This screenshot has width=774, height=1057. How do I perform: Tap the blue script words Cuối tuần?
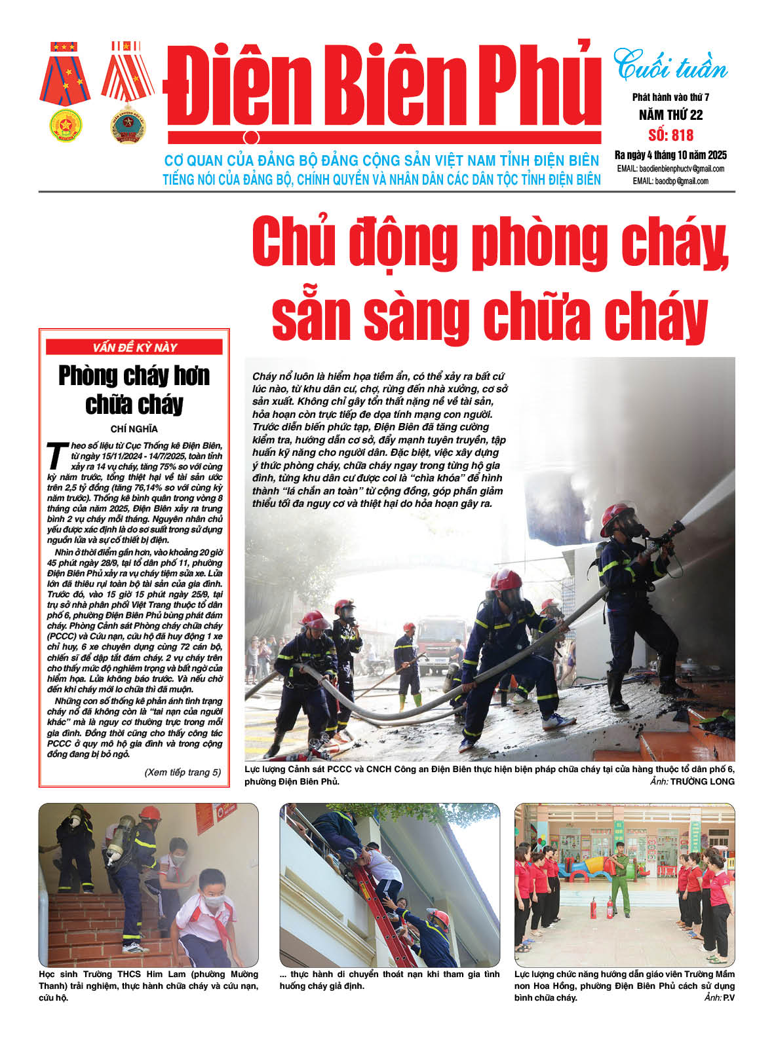coord(670,66)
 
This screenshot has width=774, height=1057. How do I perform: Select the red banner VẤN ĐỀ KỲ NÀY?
coord(134,348)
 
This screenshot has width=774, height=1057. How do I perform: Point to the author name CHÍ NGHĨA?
coord(134,429)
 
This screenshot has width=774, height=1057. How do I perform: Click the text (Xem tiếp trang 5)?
coord(182,772)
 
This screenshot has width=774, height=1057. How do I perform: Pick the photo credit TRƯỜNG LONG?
coord(702,781)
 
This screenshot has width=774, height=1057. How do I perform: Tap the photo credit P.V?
coord(728,997)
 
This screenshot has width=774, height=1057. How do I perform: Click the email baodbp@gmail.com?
coord(682,181)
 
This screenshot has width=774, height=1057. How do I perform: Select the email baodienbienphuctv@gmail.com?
coord(682,169)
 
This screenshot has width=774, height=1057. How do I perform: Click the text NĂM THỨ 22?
coord(670,115)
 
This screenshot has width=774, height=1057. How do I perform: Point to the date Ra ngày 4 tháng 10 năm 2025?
coord(670,155)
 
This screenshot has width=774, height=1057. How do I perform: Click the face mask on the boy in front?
coord(214,901)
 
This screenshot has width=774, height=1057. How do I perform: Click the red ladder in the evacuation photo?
coord(380,907)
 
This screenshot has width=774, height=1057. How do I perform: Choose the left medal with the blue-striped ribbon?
coord(64,92)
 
